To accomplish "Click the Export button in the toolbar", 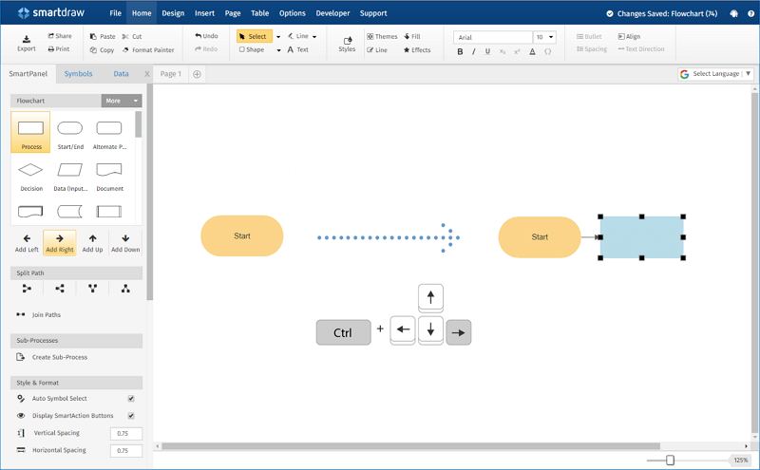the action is [27, 42].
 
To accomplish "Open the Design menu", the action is [173, 13].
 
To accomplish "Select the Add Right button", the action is [59, 243].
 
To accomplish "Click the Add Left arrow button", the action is [27, 243].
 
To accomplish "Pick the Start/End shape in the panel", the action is [70, 132].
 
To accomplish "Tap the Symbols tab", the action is [78, 73].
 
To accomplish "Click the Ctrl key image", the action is [343, 332].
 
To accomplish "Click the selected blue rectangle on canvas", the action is [641, 237].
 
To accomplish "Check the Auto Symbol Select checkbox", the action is [131, 399].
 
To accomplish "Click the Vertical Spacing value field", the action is [125, 433].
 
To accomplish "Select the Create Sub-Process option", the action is [59, 357].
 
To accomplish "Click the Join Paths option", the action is [46, 314].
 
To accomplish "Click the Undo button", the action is [206, 36].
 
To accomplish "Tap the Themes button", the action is [382, 36].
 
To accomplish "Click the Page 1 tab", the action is [170, 73].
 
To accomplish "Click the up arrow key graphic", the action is [430, 297].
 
